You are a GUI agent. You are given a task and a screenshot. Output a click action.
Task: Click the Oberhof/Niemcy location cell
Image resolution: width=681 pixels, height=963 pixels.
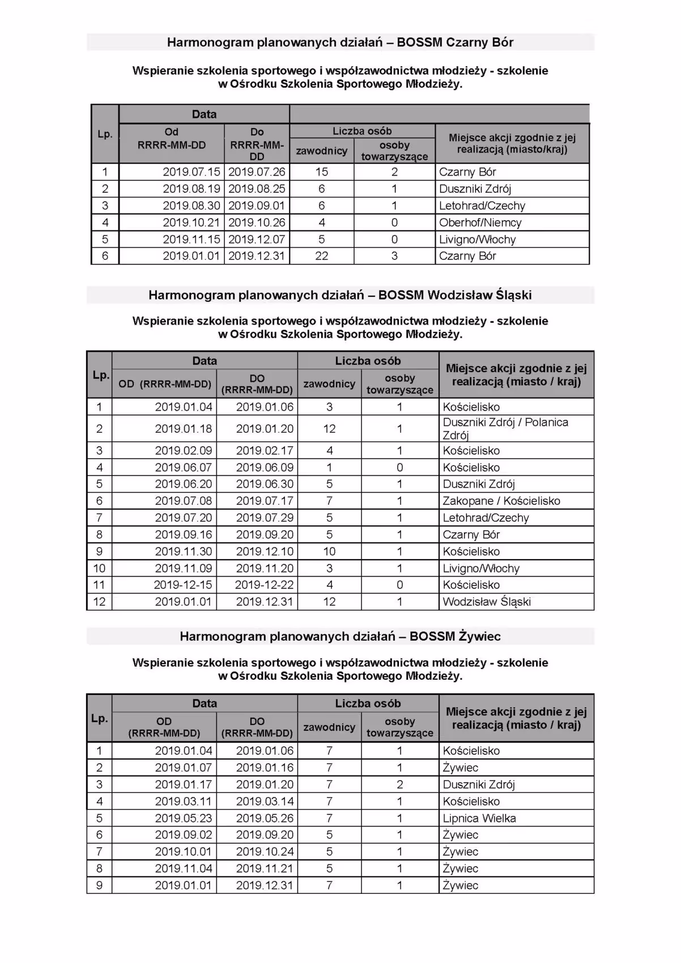click(x=480, y=223)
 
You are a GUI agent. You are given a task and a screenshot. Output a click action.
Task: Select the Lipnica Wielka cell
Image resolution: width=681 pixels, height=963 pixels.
click(x=479, y=818)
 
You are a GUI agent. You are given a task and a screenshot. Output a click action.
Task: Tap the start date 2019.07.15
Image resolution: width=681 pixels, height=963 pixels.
click(x=191, y=172)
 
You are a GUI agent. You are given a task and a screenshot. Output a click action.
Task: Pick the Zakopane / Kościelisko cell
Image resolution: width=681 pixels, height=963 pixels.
click(x=501, y=501)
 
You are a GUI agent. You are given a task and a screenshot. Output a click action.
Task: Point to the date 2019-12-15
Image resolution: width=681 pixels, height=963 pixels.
click(x=183, y=585)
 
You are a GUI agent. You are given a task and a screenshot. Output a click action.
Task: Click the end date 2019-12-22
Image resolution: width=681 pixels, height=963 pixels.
click(x=265, y=585)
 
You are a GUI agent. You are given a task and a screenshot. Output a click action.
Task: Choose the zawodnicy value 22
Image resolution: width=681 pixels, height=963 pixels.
click(x=322, y=256)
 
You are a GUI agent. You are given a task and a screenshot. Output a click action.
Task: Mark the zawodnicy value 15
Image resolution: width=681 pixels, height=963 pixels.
click(x=322, y=172)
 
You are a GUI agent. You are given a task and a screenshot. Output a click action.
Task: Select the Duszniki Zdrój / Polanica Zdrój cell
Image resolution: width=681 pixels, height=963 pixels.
click(x=505, y=428)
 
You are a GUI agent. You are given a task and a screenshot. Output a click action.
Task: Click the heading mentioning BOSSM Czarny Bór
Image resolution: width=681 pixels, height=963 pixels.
click(x=340, y=42)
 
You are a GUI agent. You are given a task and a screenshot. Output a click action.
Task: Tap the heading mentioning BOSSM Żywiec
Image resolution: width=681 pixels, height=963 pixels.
click(x=340, y=636)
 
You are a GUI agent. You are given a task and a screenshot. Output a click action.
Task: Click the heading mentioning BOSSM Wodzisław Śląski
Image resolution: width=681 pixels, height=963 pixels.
click(x=340, y=295)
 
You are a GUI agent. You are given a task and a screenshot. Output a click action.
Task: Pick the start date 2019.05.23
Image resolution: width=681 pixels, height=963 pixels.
click(x=184, y=818)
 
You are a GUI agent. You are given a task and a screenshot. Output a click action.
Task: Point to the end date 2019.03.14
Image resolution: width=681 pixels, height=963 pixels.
click(x=265, y=801)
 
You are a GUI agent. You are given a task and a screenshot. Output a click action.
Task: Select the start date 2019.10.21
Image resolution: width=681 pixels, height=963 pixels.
click(x=191, y=223)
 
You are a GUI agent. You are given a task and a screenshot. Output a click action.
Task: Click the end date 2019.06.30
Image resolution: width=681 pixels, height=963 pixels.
click(x=265, y=484)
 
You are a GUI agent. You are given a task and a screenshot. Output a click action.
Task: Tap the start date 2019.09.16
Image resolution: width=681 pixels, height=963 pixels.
click(x=184, y=534)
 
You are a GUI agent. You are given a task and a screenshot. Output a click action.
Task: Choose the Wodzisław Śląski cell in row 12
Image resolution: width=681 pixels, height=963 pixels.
click(x=487, y=602)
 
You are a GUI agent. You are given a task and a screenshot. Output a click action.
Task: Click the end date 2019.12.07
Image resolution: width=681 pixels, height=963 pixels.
click(x=257, y=239)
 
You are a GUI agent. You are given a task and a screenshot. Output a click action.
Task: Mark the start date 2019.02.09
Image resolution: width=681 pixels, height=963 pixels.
click(x=184, y=450)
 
